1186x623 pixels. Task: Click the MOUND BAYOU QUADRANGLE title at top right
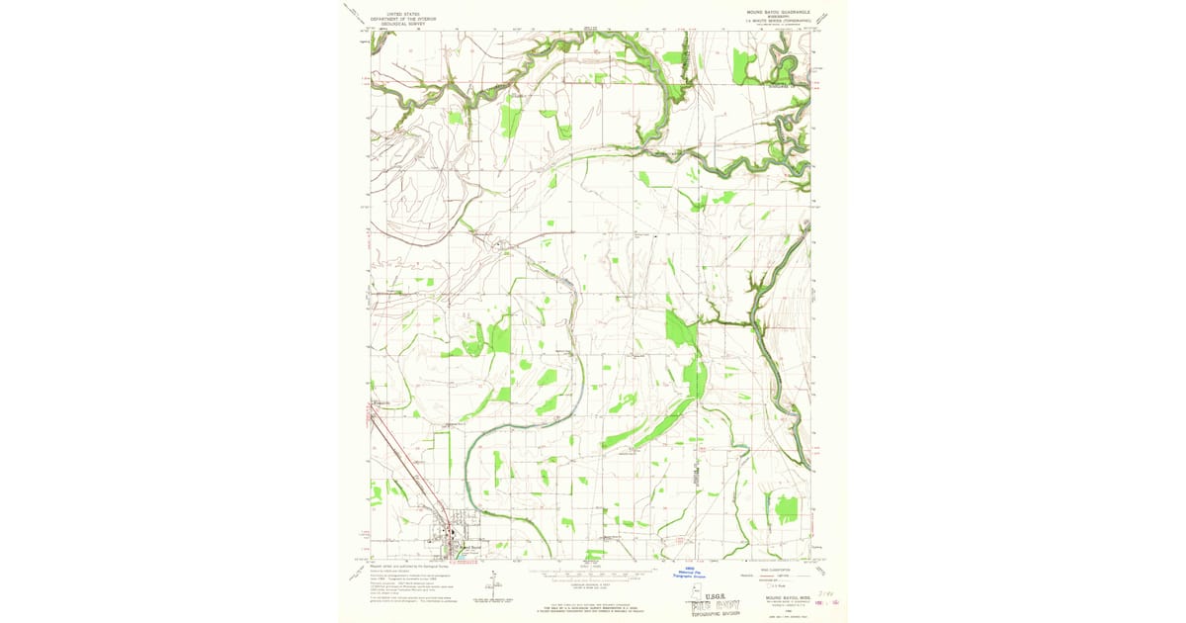(778, 12)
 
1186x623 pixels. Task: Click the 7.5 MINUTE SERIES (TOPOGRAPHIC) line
(778, 21)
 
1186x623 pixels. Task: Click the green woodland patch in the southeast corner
(786, 508)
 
